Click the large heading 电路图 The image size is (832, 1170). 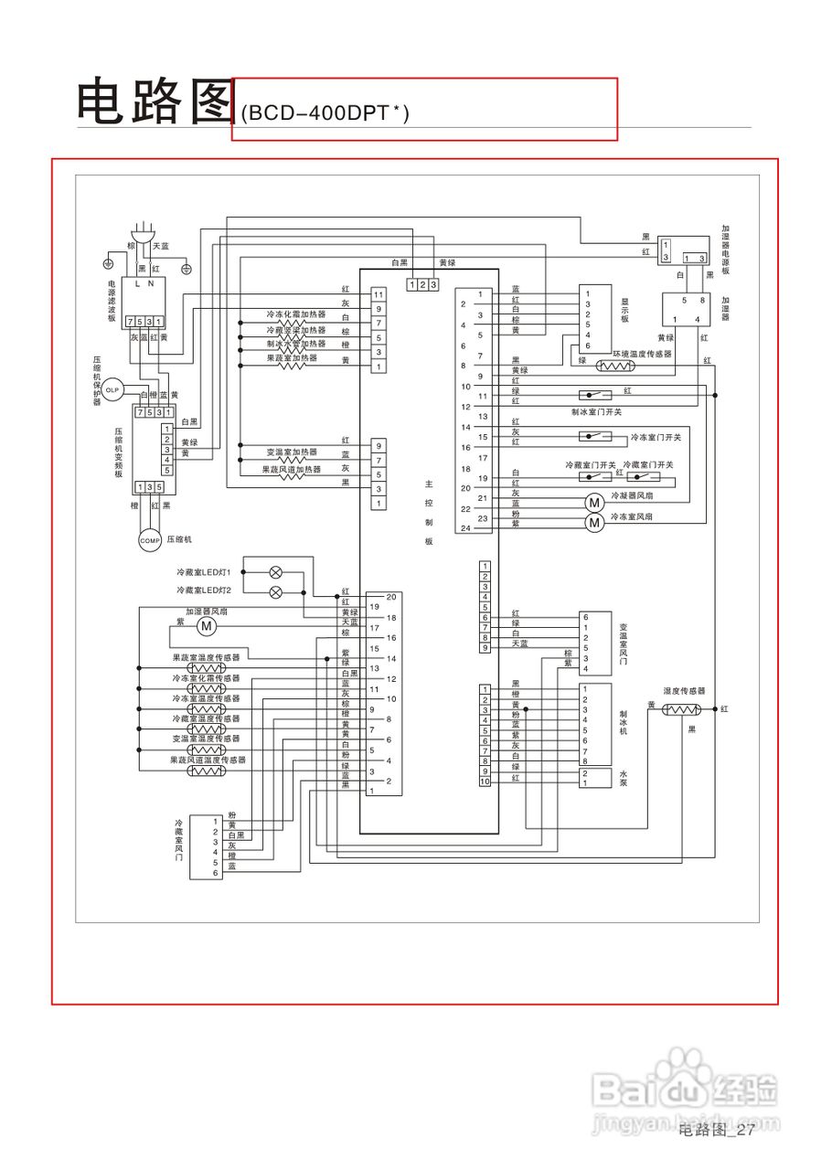[x=154, y=101]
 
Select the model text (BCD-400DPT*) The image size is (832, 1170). [x=325, y=113]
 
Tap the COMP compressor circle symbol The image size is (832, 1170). [x=149, y=540]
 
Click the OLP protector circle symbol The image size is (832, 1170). [x=112, y=390]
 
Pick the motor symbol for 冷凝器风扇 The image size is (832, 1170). [x=594, y=503]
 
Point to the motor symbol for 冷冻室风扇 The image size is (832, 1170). [x=594, y=523]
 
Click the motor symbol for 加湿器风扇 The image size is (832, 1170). [x=206, y=626]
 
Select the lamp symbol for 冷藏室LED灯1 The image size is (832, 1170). [x=276, y=572]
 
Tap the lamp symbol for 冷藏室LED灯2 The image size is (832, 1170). [x=276, y=592]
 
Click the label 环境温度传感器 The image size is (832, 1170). [x=641, y=353]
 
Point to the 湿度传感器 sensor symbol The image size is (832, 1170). [x=679, y=710]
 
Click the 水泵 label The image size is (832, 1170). [x=624, y=777]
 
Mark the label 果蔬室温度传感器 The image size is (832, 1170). [x=206, y=657]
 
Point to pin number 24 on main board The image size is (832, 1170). [x=465, y=528]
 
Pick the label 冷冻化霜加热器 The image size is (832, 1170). [x=295, y=314]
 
